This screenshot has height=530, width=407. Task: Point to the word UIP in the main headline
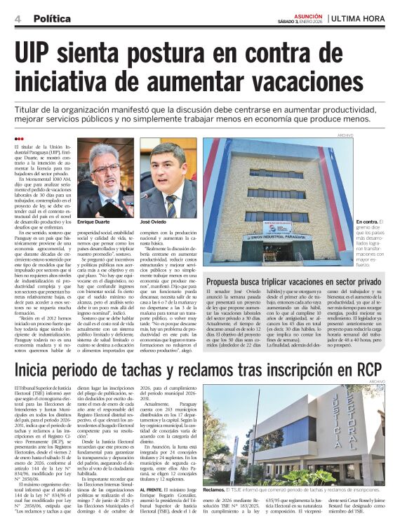tap(39, 53)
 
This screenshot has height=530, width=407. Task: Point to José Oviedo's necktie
tap(173, 205)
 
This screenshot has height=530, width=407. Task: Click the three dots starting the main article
tap(19, 138)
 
